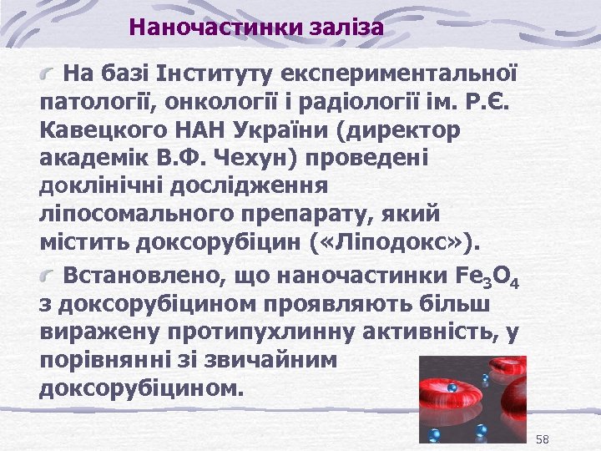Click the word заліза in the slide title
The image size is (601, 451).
(x=345, y=28)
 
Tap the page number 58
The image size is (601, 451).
(x=543, y=439)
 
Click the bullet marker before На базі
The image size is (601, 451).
(x=51, y=75)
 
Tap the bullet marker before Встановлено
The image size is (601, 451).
(x=51, y=274)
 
